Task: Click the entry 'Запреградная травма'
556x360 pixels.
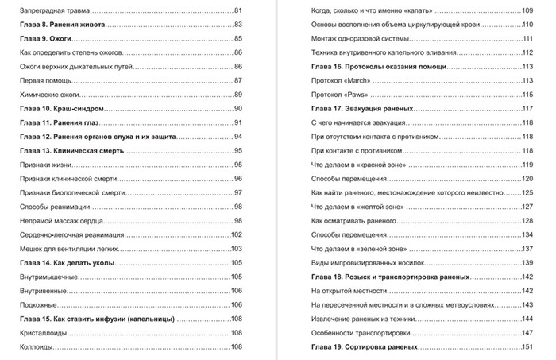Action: tap(53, 10)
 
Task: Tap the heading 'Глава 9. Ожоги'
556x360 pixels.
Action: tap(47, 38)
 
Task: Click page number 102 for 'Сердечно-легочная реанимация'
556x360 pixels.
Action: tap(236, 234)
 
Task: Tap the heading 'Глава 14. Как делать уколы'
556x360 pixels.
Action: tap(67, 263)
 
